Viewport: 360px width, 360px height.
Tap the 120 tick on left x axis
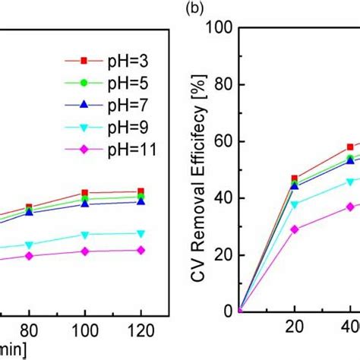pos(141,332)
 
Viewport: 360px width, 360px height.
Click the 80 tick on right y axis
pos(225,85)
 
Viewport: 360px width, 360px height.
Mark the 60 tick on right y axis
pos(225,141)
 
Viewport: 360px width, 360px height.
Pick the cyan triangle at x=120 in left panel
pos(141,233)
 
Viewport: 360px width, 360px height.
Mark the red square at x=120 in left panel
pos(141,192)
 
